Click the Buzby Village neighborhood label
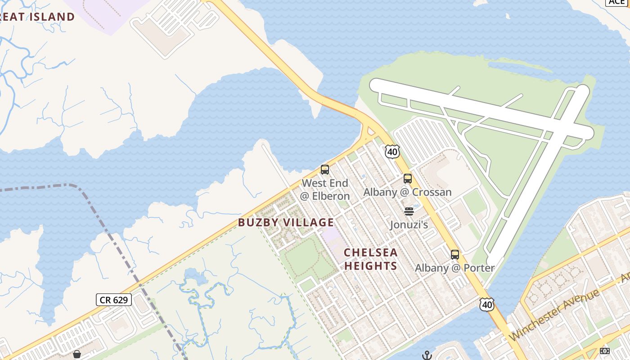coord(286,222)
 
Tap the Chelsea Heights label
coord(371,259)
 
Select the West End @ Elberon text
coord(325,189)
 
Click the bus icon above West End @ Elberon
coord(325,170)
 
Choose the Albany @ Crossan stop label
coord(407,192)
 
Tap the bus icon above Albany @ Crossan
coord(408,179)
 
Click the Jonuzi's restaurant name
coord(409,224)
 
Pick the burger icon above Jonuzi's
coord(409,211)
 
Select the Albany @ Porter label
coord(454,268)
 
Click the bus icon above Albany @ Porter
coord(455,254)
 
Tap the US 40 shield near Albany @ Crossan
coord(392,152)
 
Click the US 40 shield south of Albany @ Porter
coord(487,305)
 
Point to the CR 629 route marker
coord(113,300)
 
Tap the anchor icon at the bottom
coord(427,355)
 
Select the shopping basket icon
coord(77,355)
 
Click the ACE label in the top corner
coord(616,2)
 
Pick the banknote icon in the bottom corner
coord(605,351)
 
